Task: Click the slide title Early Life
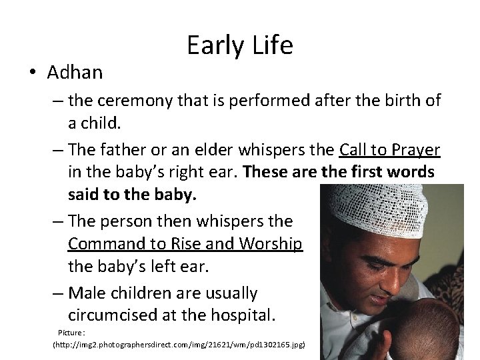click(x=239, y=45)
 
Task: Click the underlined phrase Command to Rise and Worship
click(x=186, y=245)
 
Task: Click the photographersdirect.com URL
click(x=179, y=345)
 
